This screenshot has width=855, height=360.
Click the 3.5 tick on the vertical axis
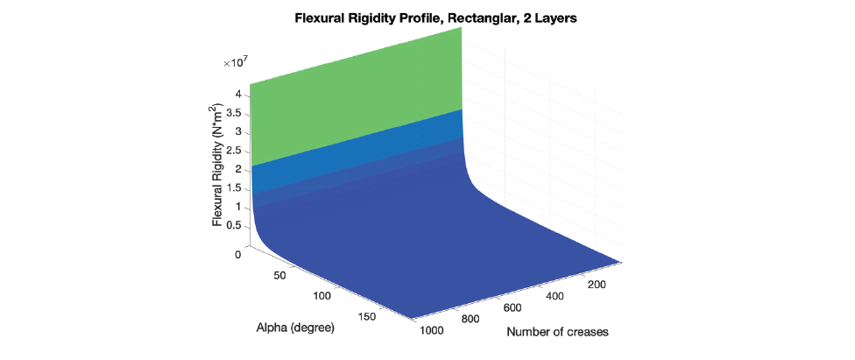coord(234,113)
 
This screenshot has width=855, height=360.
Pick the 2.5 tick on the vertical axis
coord(234,151)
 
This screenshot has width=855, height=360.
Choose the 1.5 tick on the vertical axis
coord(234,188)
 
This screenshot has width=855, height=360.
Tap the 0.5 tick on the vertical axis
coord(234,226)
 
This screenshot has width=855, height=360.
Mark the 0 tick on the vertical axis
coord(238,255)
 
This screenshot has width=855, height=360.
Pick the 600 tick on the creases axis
coord(512,308)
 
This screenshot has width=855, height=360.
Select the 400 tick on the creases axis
coord(555,298)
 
